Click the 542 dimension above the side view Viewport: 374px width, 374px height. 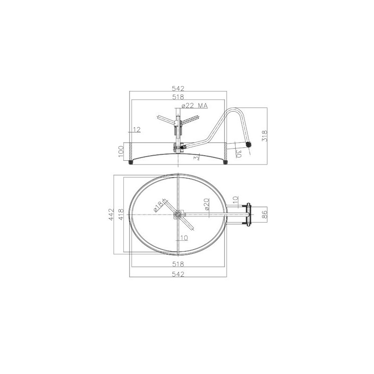(x=178, y=88)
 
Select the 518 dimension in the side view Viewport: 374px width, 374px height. (x=178, y=97)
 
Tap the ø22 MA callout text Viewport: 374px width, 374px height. (x=194, y=106)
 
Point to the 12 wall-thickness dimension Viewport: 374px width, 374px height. (x=137, y=129)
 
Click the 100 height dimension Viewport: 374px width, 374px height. (x=121, y=151)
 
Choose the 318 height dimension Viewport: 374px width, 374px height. (x=265, y=136)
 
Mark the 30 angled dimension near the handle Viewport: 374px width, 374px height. (x=238, y=154)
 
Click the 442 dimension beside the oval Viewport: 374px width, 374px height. (x=111, y=215)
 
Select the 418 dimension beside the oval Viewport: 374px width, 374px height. (x=121, y=215)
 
